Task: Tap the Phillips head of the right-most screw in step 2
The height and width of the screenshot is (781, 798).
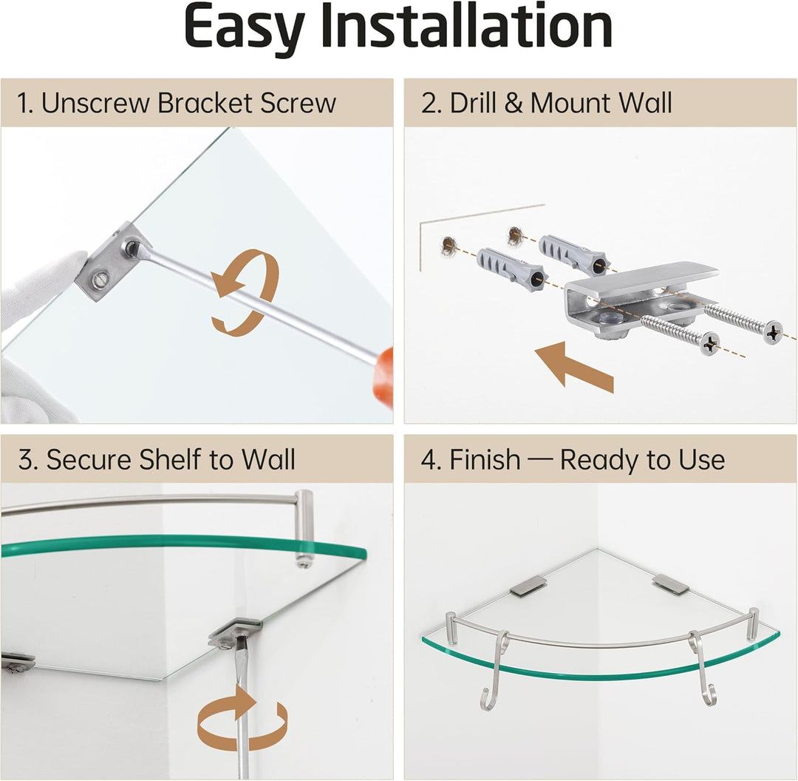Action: [x=773, y=331]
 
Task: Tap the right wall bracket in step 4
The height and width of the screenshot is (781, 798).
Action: [x=671, y=584]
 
